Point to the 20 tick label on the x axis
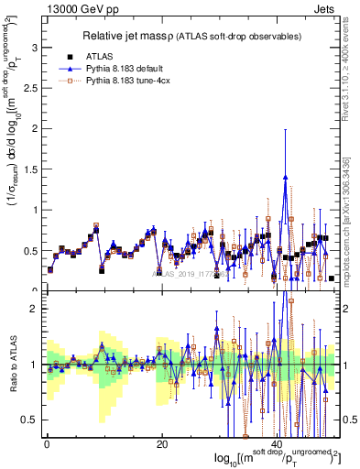click(162, 444)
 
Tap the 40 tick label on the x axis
click(278, 444)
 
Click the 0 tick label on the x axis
click(46, 444)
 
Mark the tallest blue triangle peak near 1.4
click(287, 178)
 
